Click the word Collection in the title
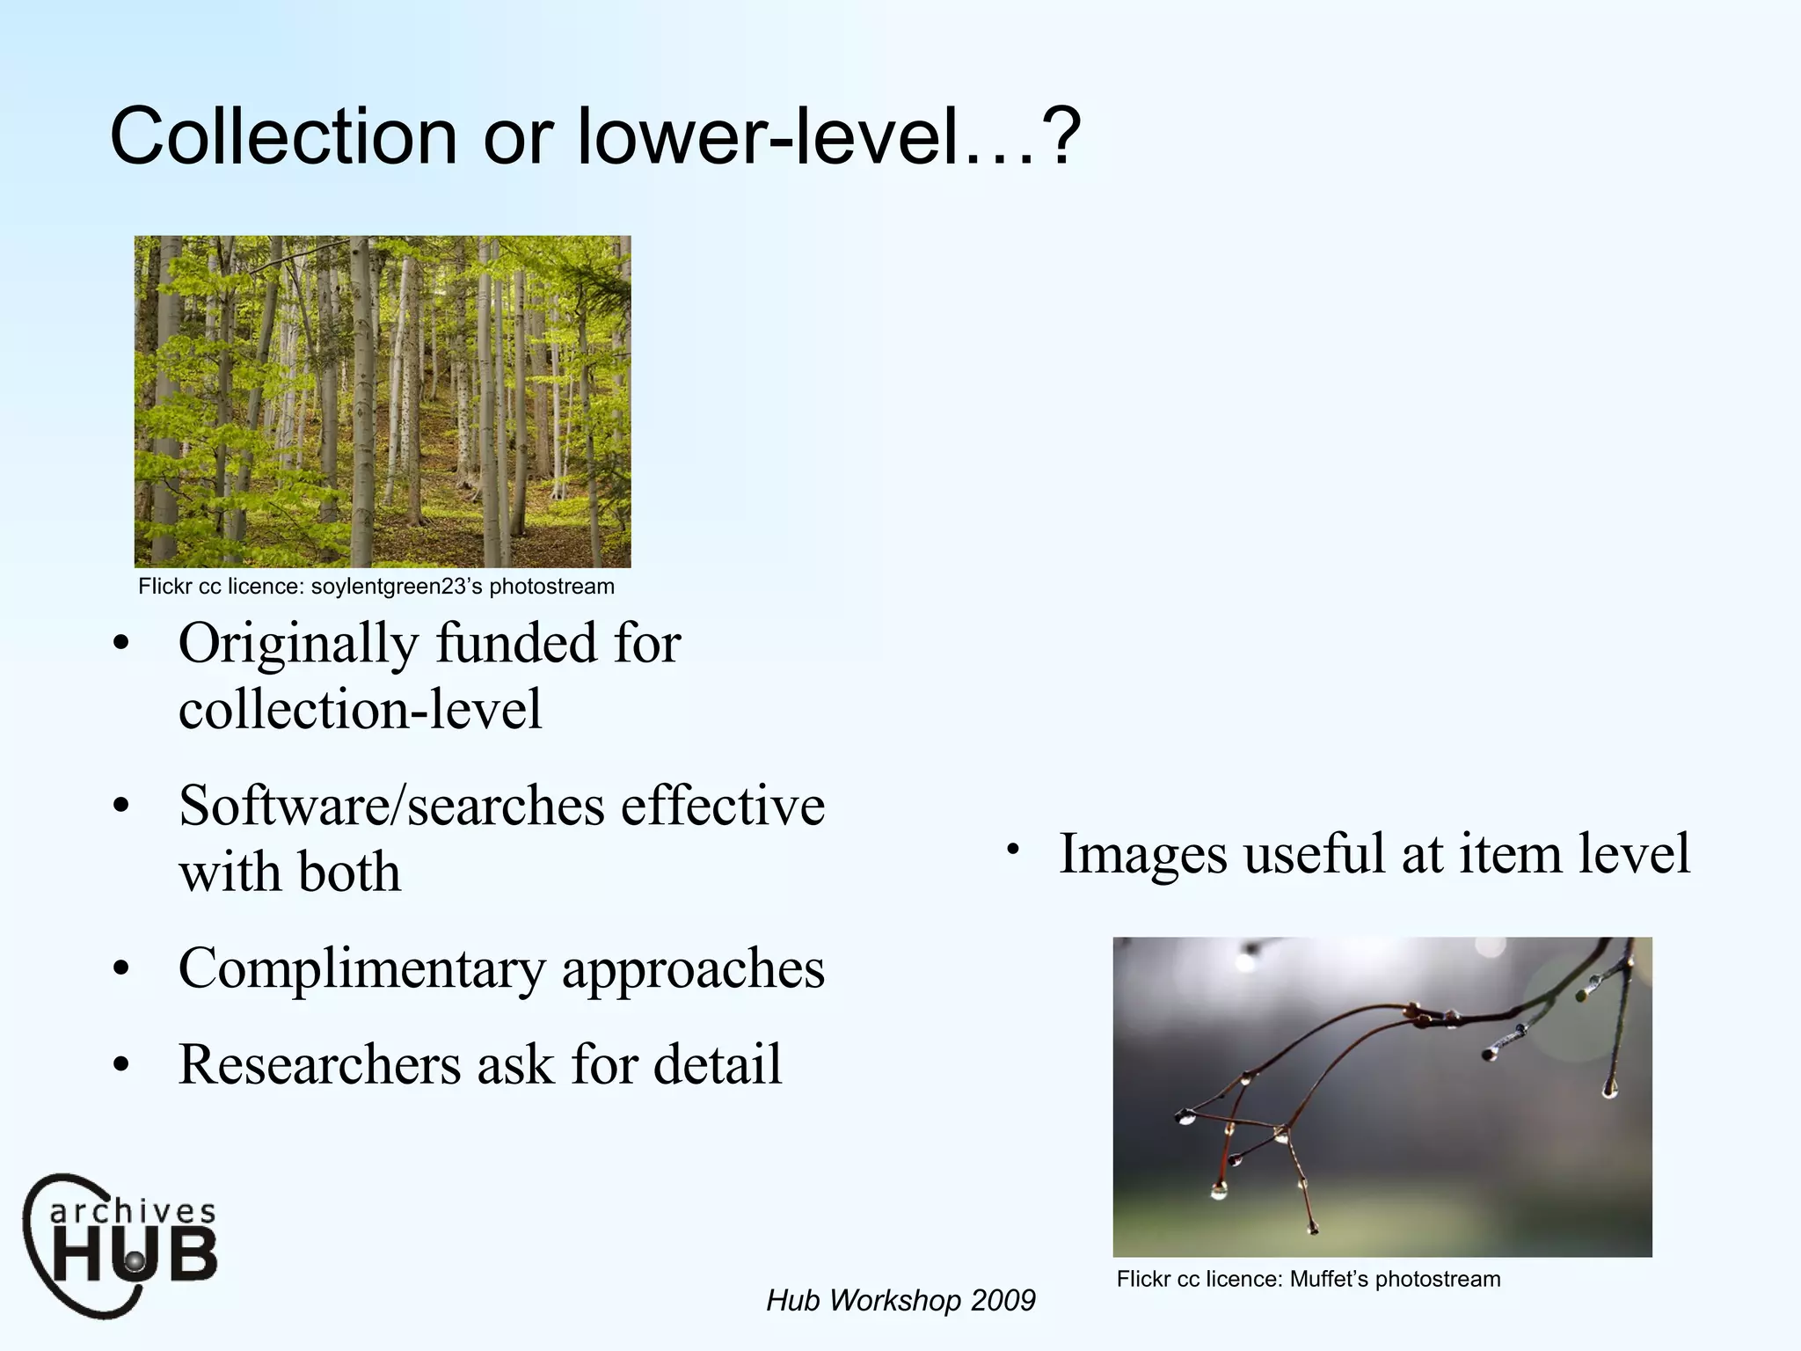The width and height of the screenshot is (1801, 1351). [283, 136]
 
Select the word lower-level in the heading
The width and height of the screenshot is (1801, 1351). [765, 136]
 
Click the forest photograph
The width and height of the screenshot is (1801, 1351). [383, 401]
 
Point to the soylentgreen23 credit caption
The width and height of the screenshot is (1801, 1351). [376, 587]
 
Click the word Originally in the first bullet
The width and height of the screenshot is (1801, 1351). [298, 644]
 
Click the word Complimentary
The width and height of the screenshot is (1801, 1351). [361, 969]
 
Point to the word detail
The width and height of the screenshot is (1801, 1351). [718, 1064]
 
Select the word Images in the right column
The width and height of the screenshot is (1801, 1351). [1142, 854]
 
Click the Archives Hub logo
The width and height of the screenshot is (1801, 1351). [121, 1244]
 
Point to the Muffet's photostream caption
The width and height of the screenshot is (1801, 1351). [1308, 1279]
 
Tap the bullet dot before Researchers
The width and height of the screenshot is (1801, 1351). [121, 1066]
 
